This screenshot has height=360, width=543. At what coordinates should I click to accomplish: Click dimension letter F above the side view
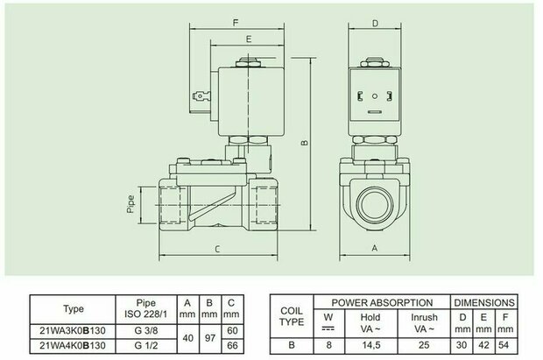point(236,23)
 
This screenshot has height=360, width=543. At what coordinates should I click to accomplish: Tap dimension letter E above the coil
point(249,39)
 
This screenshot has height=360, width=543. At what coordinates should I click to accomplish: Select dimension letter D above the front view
point(375,24)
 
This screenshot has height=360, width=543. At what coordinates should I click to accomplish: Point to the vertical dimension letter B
point(305,143)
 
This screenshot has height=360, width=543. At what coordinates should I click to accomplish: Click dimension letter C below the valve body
point(217,249)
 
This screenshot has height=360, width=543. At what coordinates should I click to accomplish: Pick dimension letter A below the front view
point(375,248)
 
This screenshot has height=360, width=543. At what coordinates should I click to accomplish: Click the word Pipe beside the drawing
point(130,204)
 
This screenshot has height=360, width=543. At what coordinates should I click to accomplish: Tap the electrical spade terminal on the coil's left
point(201,95)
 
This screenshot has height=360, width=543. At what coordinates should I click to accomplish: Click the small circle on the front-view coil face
point(375,96)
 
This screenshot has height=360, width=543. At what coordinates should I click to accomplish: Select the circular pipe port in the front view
point(375,204)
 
